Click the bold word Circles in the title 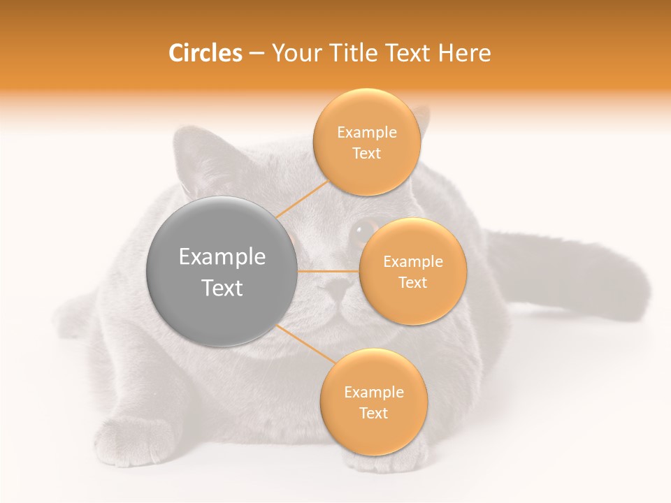(205, 53)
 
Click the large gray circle (222, 271)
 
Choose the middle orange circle (413, 271)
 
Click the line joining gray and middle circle (329, 271)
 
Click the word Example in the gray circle (222, 257)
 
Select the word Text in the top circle (367, 154)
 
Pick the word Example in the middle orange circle (413, 262)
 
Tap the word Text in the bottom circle (374, 413)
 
